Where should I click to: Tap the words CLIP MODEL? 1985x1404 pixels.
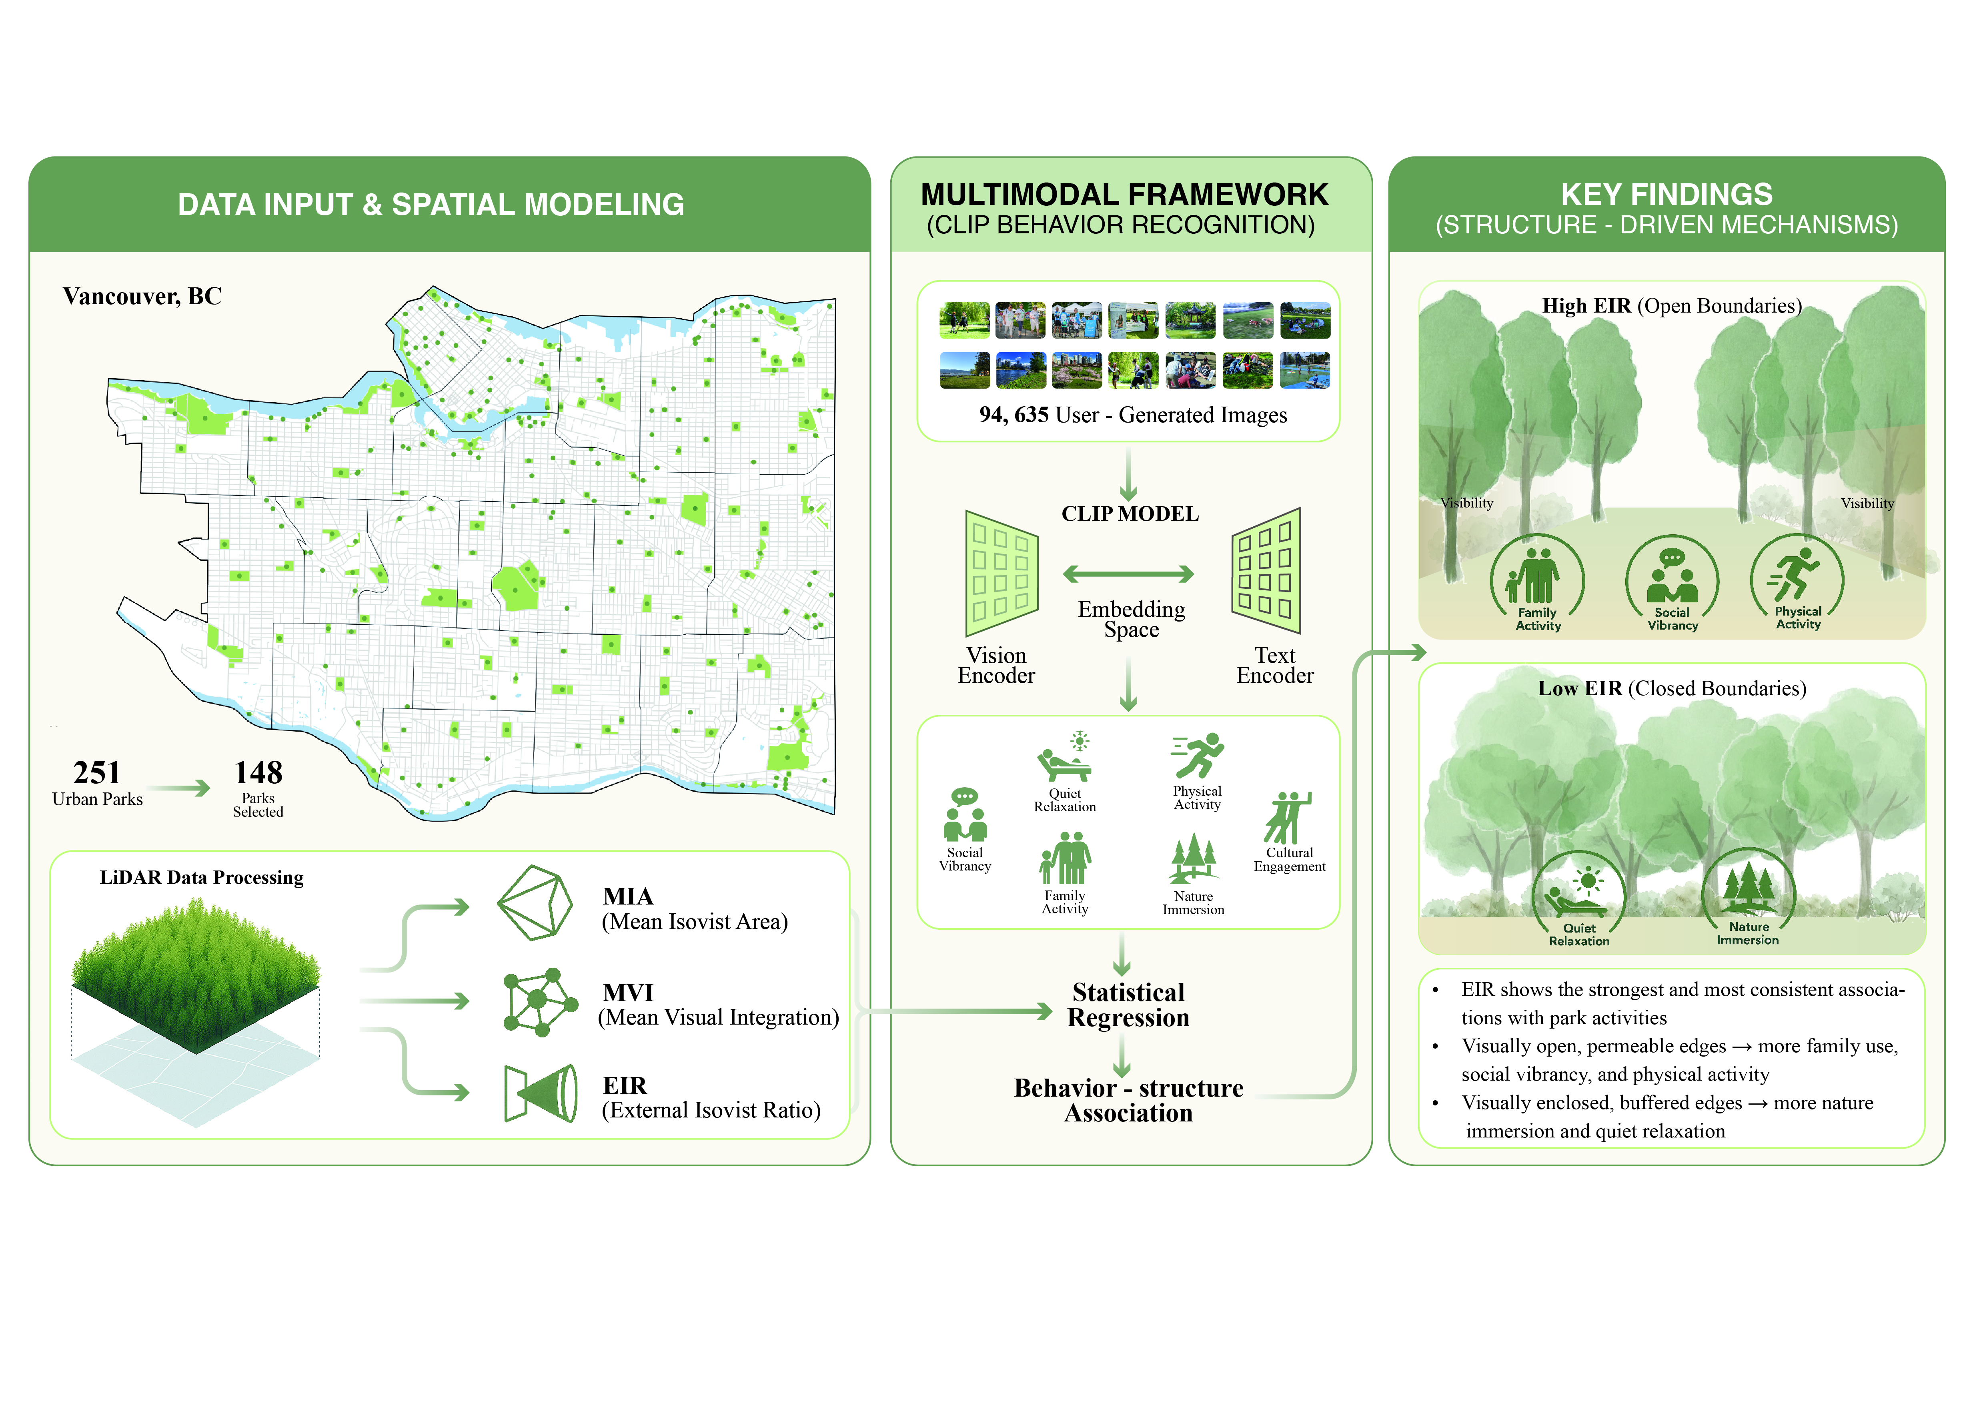click(1130, 513)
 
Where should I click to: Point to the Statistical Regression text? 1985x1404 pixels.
click(1128, 1005)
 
